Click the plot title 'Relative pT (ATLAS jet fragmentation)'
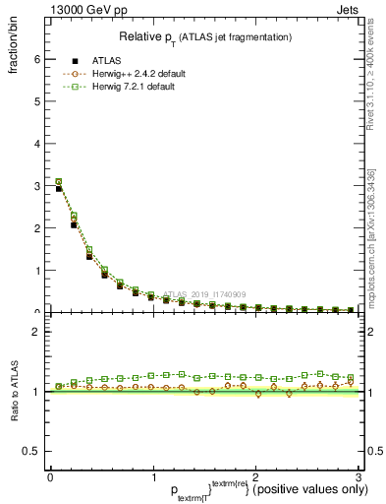point(205,36)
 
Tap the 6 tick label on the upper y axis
point(36,59)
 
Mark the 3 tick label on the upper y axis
point(36,186)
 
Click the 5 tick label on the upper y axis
point(36,101)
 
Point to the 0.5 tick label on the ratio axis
point(31,451)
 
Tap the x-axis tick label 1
point(152,476)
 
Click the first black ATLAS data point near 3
point(58,188)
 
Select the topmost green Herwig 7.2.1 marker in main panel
point(58,181)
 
